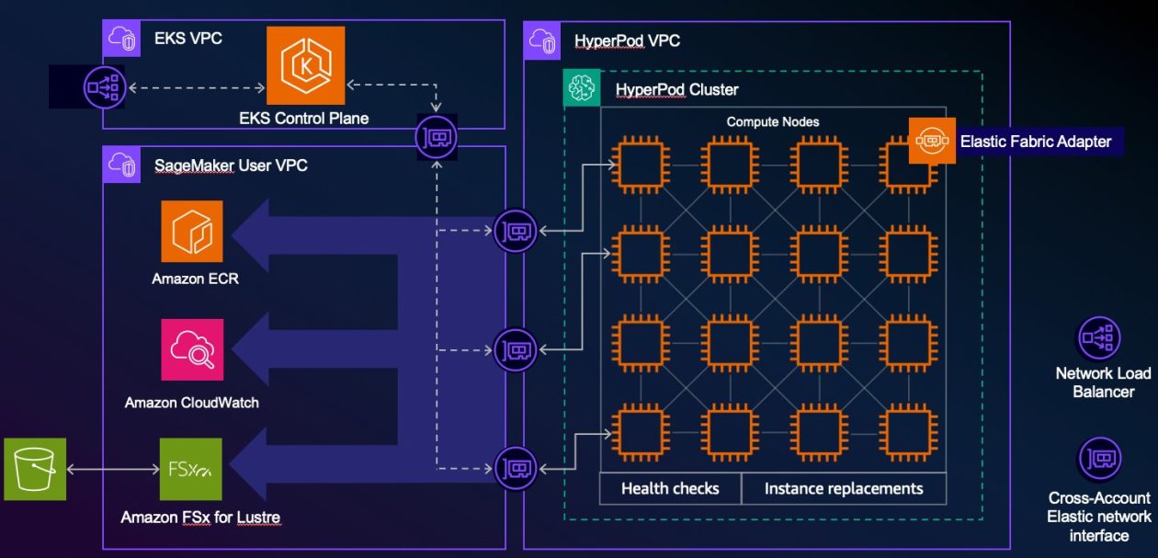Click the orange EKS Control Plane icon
coord(305,65)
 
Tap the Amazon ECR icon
coord(191,231)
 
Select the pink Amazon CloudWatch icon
coord(191,350)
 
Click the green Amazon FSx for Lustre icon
coord(190,469)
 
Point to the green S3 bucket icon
coord(35,469)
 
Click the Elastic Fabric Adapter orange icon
coord(931,141)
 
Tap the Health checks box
coord(670,488)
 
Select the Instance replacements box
coord(843,488)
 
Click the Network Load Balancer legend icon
coord(1098,338)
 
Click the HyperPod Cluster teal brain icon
coord(582,88)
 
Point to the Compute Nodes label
coord(772,121)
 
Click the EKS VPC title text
coord(187,38)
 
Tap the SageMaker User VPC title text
coord(231,165)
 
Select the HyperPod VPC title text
coord(627,40)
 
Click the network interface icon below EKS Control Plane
coord(437,137)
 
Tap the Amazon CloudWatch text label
coord(191,403)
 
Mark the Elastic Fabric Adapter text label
coord(1036,142)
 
